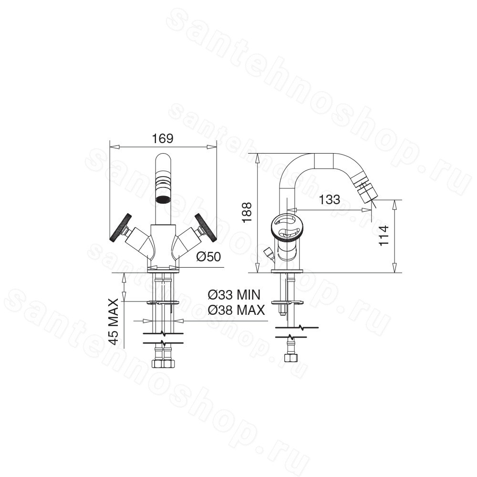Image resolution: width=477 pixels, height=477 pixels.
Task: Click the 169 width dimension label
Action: point(163,138)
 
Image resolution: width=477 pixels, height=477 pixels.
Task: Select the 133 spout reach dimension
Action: point(330,199)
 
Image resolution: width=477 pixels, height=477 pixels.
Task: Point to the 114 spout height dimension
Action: point(384,236)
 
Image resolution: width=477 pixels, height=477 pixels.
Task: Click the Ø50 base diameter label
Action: point(208,257)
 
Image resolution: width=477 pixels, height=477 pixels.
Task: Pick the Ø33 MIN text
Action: point(234,294)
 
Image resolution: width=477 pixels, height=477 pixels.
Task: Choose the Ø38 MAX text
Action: point(237,310)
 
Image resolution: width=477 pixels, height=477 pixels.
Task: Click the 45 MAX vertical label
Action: point(114,321)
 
